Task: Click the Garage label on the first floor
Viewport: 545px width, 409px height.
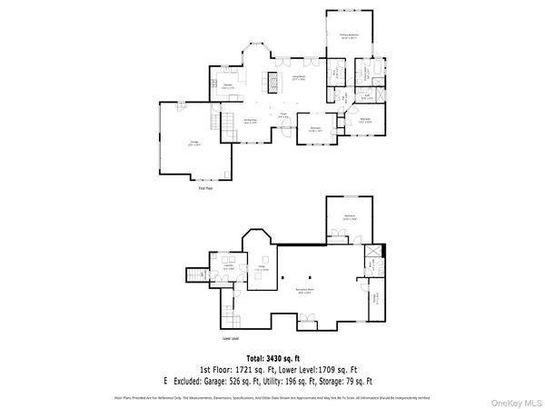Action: (193, 142)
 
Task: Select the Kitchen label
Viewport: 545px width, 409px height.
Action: (229, 87)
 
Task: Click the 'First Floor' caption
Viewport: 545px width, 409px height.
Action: (207, 187)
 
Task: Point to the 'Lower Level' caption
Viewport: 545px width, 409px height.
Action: (231, 337)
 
